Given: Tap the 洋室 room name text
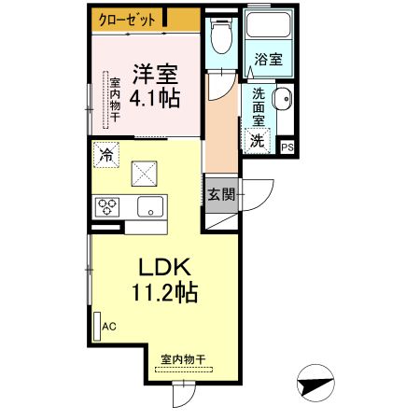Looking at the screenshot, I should click(x=154, y=73).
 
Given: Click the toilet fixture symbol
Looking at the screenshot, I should click(x=219, y=38).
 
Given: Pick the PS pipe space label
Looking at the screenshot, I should click(x=287, y=147).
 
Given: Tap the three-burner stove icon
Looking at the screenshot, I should click(x=105, y=206).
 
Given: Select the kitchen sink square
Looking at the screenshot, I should click(x=149, y=206).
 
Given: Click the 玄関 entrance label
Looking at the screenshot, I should click(x=221, y=196).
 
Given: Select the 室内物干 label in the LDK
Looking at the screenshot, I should click(x=182, y=358).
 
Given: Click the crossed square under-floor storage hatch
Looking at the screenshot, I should click(x=146, y=173).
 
